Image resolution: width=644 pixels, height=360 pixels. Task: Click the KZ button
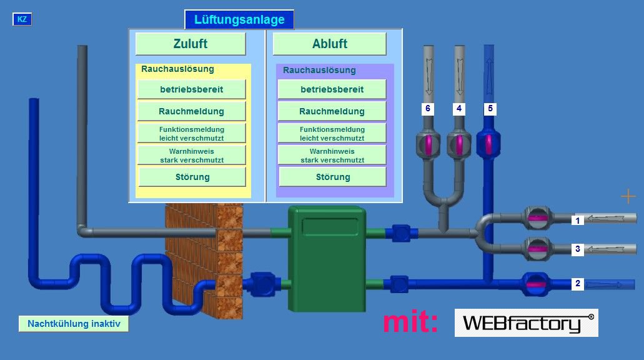click(x=22, y=19)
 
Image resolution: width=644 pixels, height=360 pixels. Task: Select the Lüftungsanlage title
click(x=239, y=19)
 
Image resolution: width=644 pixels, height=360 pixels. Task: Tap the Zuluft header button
click(x=191, y=44)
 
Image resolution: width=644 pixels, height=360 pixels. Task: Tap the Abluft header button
click(x=330, y=44)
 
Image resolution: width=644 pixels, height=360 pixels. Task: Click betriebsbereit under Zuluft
click(x=191, y=89)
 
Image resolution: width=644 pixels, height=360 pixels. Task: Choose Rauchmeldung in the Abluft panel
click(x=332, y=111)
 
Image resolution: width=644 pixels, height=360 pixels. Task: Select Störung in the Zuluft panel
click(x=192, y=177)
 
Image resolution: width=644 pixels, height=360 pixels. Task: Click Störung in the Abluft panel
click(x=332, y=177)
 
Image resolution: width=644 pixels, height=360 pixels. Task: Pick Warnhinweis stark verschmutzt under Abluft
click(x=332, y=156)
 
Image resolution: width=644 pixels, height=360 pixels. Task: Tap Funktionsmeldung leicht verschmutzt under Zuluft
click(x=191, y=133)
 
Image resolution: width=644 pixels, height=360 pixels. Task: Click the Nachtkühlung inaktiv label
click(x=74, y=324)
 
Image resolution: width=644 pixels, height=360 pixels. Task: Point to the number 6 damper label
click(x=428, y=109)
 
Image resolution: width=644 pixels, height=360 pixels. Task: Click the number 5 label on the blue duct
click(x=490, y=109)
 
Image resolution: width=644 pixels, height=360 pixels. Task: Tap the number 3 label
click(x=578, y=249)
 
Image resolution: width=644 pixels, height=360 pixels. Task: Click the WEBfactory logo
click(x=526, y=323)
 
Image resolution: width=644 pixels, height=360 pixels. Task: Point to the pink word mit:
click(x=410, y=322)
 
